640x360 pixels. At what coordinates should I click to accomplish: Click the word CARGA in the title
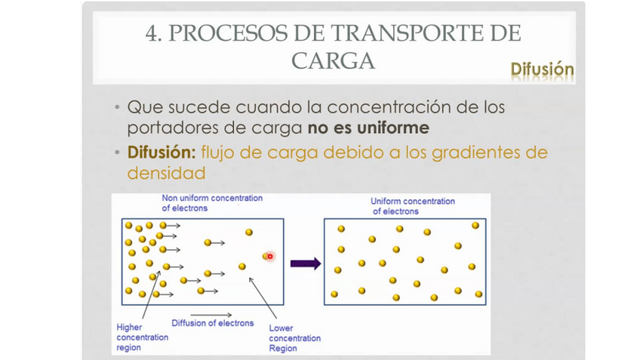pyautogui.click(x=333, y=61)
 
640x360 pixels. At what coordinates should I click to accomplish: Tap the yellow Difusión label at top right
pyautogui.click(x=542, y=69)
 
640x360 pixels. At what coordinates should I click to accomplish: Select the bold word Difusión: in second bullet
pyautogui.click(x=162, y=152)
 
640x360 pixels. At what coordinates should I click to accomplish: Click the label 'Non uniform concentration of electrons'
pyautogui.click(x=212, y=203)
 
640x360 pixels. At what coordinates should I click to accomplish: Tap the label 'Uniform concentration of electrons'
pyautogui.click(x=412, y=206)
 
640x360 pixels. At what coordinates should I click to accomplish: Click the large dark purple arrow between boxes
pyautogui.click(x=305, y=263)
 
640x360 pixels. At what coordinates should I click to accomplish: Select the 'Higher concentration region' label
pyautogui.click(x=142, y=337)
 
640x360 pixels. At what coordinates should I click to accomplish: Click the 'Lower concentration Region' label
pyautogui.click(x=294, y=338)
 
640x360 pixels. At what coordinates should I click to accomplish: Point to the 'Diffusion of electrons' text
pyautogui.click(x=212, y=323)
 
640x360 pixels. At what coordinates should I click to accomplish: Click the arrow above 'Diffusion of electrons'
pyautogui.click(x=211, y=313)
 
